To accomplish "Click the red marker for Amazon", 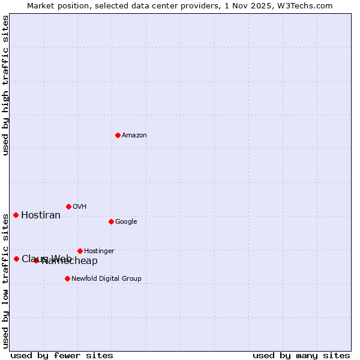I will pyautogui.click(x=118, y=135).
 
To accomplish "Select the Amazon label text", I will pyautogui.click(x=134, y=136).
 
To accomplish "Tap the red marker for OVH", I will pyautogui.click(x=68, y=206).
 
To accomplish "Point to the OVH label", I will pyautogui.click(x=80, y=207).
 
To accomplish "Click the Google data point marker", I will pyautogui.click(x=111, y=221).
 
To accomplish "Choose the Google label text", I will pyautogui.click(x=126, y=222).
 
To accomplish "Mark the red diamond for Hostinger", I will pyautogui.click(x=80, y=251).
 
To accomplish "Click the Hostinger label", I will pyautogui.click(x=99, y=251).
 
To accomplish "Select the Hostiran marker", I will pyautogui.click(x=16, y=215).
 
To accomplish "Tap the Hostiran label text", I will pyautogui.click(x=41, y=215).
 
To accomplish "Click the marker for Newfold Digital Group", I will pyautogui.click(x=67, y=278).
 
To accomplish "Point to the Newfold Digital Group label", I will pyautogui.click(x=106, y=279).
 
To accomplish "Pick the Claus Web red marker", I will pyautogui.click(x=16, y=259).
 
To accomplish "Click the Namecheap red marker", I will pyautogui.click(x=36, y=260).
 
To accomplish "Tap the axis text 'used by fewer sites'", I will pyautogui.click(x=62, y=356).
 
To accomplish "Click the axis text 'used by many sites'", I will pyautogui.click(x=301, y=356).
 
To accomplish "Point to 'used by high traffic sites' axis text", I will pyautogui.click(x=6, y=85).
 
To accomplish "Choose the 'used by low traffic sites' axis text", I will pyautogui.click(x=6, y=280).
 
